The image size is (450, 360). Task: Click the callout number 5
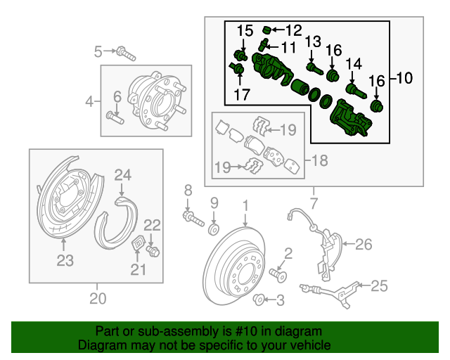coord(99,50)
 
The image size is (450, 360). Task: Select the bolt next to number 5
coord(126,51)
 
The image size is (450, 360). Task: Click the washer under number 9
coord(214,228)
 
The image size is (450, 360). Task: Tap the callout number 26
coord(363,245)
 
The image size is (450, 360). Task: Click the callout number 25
coord(379,285)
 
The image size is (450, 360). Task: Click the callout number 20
coord(98,299)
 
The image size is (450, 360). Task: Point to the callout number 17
coord(242,94)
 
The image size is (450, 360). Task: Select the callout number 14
coord(353,64)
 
